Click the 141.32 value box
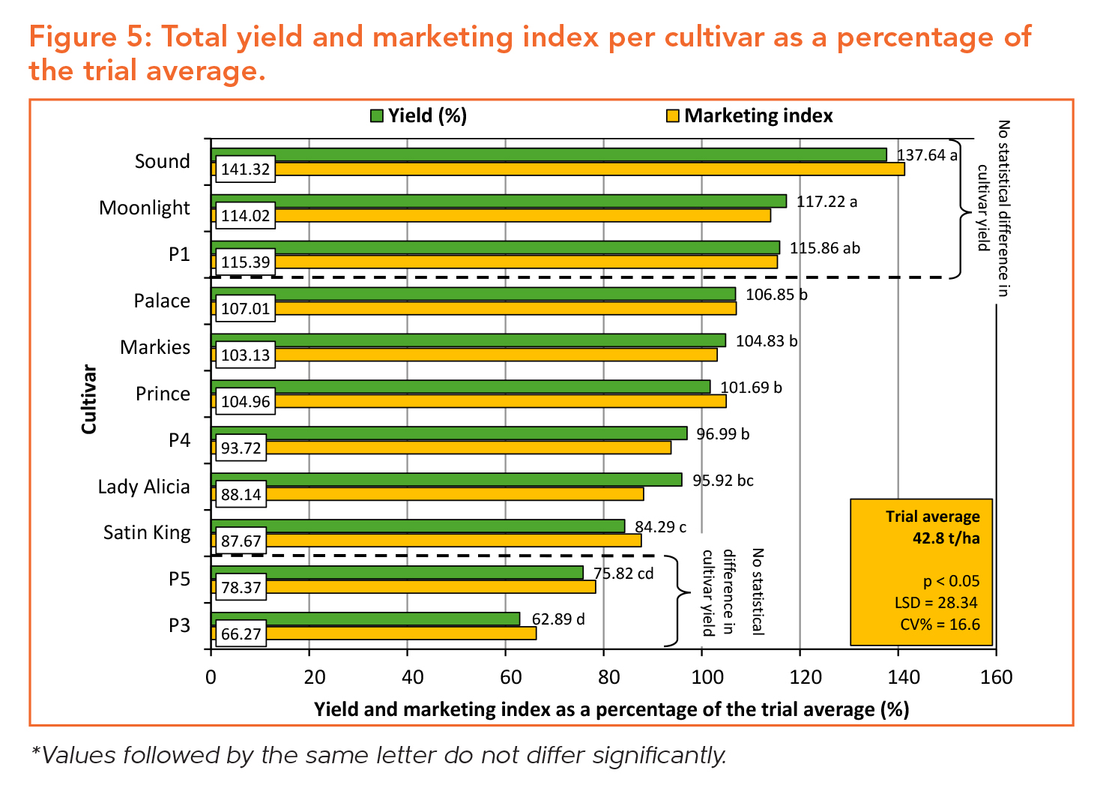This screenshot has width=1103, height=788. (245, 169)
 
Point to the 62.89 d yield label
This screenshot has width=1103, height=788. (558, 619)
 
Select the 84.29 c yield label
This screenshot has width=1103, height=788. (660, 527)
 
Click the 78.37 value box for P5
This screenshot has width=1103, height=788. (241, 588)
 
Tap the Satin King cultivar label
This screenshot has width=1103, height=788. (147, 533)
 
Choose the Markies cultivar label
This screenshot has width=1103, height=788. (155, 347)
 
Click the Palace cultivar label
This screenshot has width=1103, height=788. (162, 301)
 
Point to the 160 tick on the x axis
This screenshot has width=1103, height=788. (996, 678)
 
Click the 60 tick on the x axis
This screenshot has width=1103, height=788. (506, 678)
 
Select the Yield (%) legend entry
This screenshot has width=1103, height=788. (419, 115)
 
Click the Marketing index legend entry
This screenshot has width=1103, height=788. (749, 115)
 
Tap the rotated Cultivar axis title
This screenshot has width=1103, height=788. (89, 399)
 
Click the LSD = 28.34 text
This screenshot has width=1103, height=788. (936, 603)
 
